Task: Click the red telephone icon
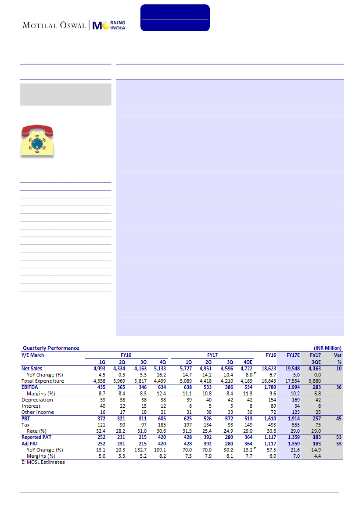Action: pyautogui.click(x=37, y=140)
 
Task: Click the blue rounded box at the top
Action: pyautogui.click(x=175, y=18)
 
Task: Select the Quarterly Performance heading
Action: pyautogui.click(x=51, y=348)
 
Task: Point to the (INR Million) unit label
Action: pyautogui.click(x=327, y=348)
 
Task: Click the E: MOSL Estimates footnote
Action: pyautogui.click(x=43, y=462)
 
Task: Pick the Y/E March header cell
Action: pyautogui.click(x=33, y=355)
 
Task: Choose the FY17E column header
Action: pyautogui.click(x=293, y=355)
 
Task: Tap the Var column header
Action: pyautogui.click(x=337, y=355)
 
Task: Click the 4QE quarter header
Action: pyautogui.click(x=248, y=362)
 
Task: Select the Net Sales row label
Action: pyautogui.click(x=32, y=369)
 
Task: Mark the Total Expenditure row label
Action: pyautogui.click(x=43, y=381)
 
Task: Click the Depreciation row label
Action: pyautogui.click(x=37, y=400)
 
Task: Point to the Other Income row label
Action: pyautogui.click(x=38, y=412)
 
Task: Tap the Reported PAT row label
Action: pyautogui.click(x=37, y=438)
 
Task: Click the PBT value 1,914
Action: pyautogui.click(x=293, y=419)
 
